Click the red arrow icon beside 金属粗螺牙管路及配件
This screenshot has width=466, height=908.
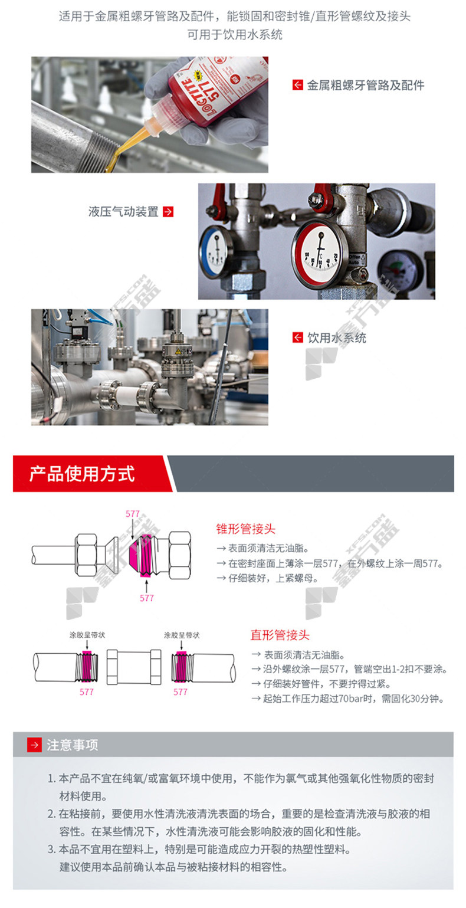pos(297,85)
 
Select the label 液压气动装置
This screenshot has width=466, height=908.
pos(123,212)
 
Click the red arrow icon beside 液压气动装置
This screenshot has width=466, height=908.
pos(168,212)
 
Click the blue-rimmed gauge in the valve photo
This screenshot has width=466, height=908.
pos(215,252)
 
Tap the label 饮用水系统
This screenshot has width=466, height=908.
pos(336,337)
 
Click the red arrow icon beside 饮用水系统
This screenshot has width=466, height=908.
pos(297,337)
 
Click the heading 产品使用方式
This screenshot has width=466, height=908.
pos(82,474)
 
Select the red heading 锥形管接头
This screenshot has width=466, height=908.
pos(245,529)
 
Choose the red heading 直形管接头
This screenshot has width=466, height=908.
pos(280,635)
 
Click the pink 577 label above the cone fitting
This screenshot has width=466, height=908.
pos(133,513)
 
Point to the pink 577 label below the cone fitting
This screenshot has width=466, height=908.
pos(147,598)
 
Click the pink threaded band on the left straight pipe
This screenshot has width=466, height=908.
pos(87,666)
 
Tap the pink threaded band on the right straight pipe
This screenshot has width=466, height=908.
pos(181,666)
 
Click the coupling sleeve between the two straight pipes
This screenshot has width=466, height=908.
pos(134,667)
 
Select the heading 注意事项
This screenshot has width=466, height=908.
pos(73,745)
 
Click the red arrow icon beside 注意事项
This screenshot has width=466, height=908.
pos(34,745)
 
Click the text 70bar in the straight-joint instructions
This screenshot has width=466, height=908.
pos(350,699)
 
